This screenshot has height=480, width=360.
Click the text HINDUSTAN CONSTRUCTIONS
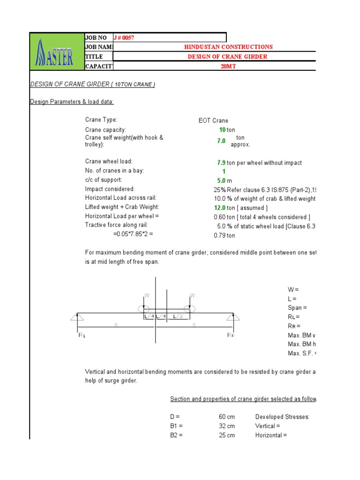pos(228,47)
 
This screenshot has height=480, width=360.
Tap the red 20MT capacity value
pos(228,66)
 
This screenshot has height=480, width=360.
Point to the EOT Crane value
pos(213,120)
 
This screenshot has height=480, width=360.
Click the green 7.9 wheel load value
pos(221,163)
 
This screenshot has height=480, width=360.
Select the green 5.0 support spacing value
pos(221,180)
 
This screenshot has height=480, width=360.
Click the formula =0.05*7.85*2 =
pos(133,234)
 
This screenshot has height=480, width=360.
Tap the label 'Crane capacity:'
pos(105,130)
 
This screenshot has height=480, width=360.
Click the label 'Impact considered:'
pos(110,189)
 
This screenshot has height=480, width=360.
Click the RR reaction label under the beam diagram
pos(231,335)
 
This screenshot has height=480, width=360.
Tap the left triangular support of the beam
pos(76,317)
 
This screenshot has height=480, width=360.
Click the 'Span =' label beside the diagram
pos(297,308)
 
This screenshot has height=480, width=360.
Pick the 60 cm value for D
pos(227,417)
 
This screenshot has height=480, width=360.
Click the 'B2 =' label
pos(177,435)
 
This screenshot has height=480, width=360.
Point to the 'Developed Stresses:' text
pos(282,417)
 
